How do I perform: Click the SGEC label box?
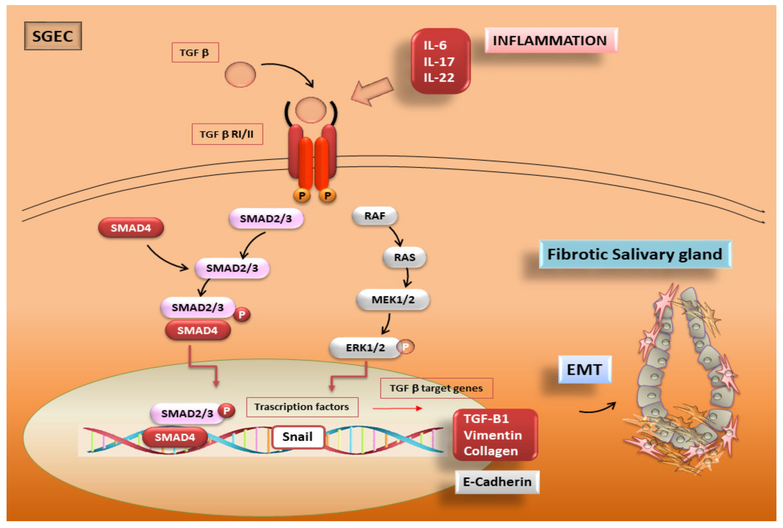pos(53,36)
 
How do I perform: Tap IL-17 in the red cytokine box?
pos(439,62)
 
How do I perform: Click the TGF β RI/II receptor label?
pos(227,134)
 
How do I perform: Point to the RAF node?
pos(374,216)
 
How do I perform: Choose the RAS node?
pos(404,257)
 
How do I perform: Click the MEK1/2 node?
pos(393,299)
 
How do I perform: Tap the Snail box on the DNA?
pos(297,437)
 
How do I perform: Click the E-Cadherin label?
pos(497,482)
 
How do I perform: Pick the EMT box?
pos(584,370)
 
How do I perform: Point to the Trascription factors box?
pos(302,407)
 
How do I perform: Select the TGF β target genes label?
pos(436,388)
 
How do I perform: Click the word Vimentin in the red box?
pos(492,435)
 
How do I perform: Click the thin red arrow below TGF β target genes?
pos(397,408)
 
